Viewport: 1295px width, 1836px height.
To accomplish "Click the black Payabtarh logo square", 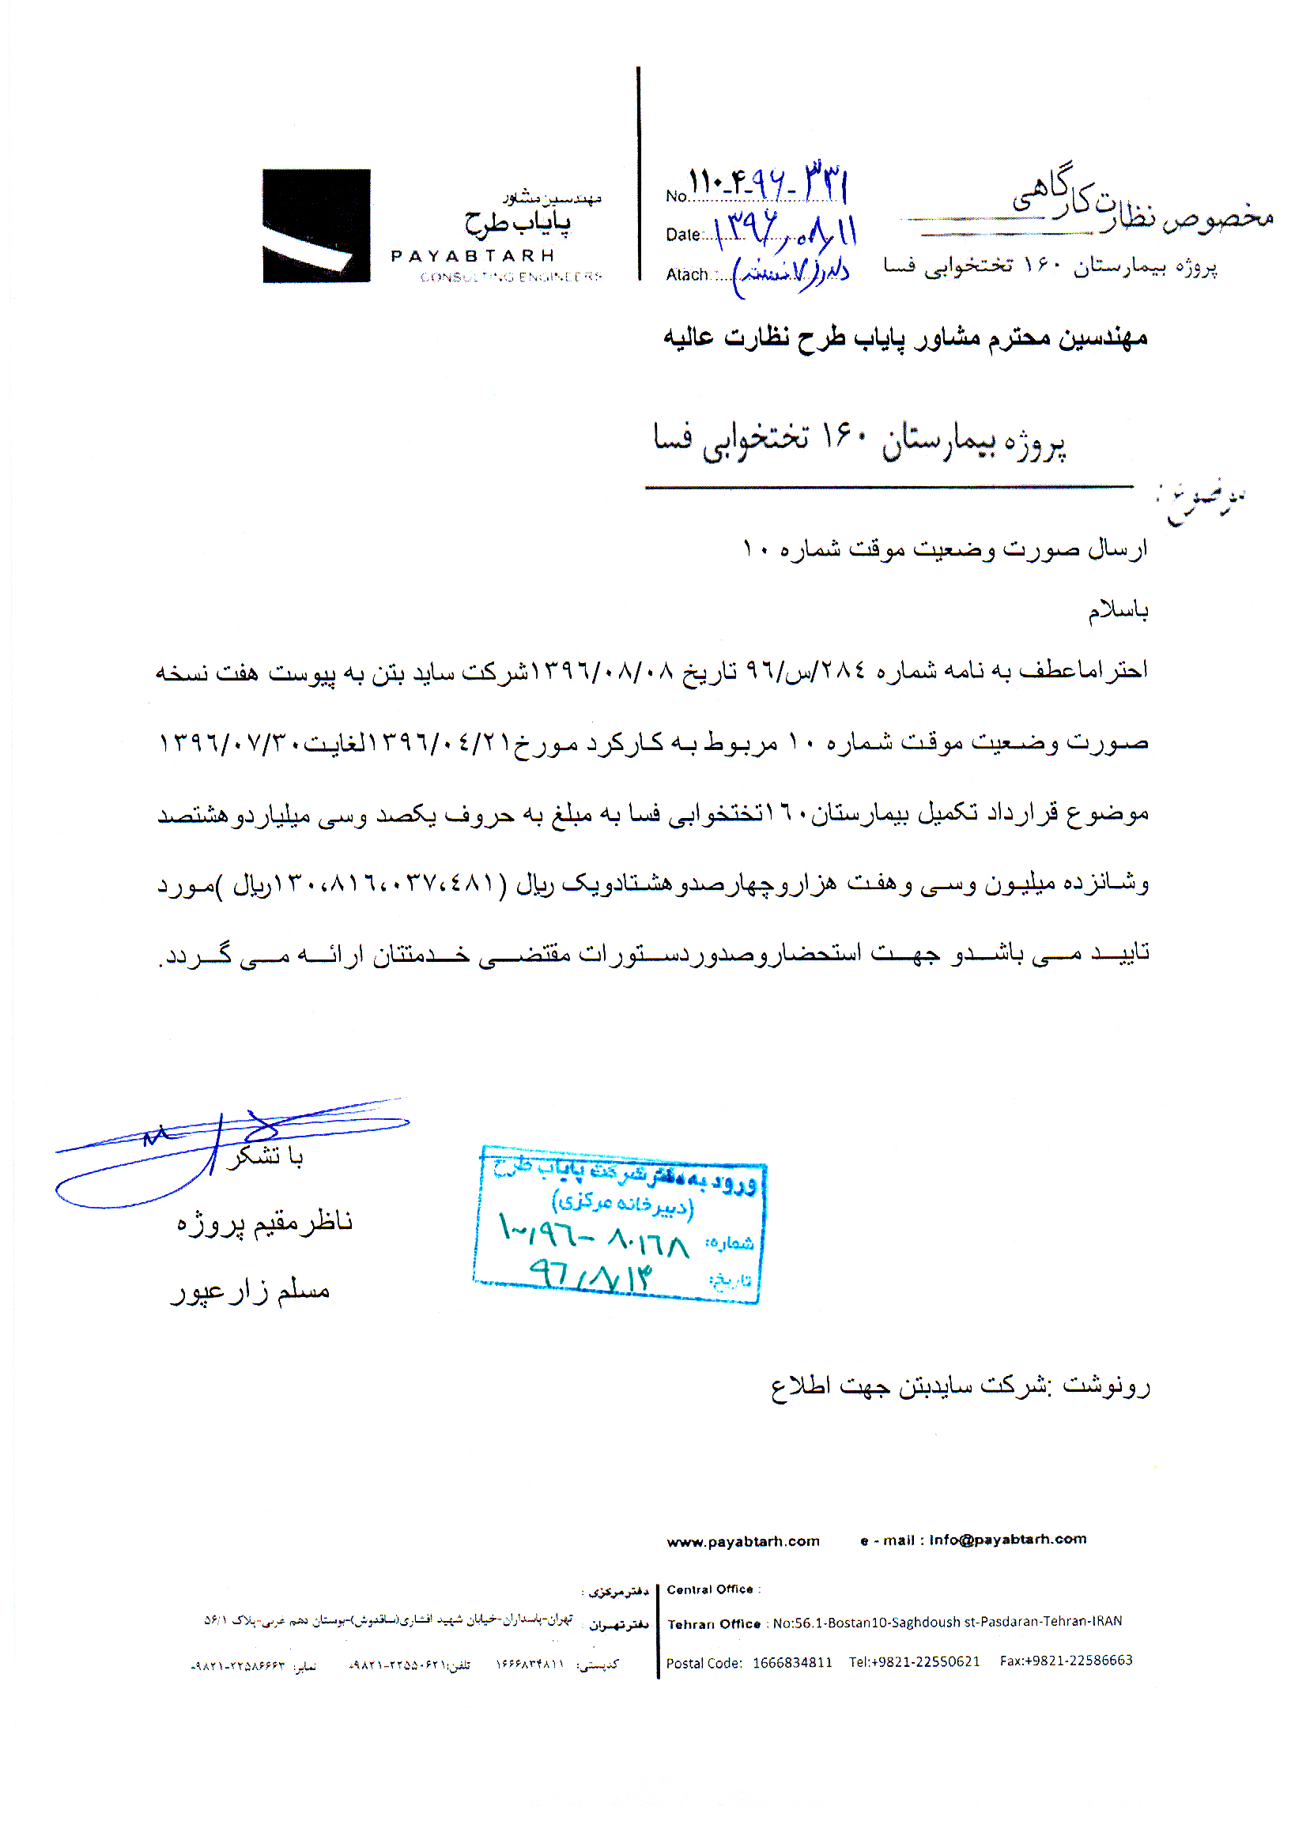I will coord(316,225).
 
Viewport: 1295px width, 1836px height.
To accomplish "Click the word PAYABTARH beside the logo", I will coord(472,256).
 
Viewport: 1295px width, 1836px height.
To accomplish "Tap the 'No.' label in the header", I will coord(676,196).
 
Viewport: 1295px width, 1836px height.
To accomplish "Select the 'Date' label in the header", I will coord(682,234).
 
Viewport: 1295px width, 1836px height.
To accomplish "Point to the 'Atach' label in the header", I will coord(686,274).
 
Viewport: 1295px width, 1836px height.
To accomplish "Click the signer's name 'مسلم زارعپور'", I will coord(251,1291).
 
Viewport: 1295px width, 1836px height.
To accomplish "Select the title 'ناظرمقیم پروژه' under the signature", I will coord(264,1222).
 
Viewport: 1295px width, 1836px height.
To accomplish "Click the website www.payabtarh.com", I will coord(742,1541).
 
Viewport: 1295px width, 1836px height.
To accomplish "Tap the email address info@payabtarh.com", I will coord(1007,1540).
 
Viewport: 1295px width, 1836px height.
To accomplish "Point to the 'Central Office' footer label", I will coord(709,1589).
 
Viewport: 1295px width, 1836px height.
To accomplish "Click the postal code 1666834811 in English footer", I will coord(792,1662).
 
